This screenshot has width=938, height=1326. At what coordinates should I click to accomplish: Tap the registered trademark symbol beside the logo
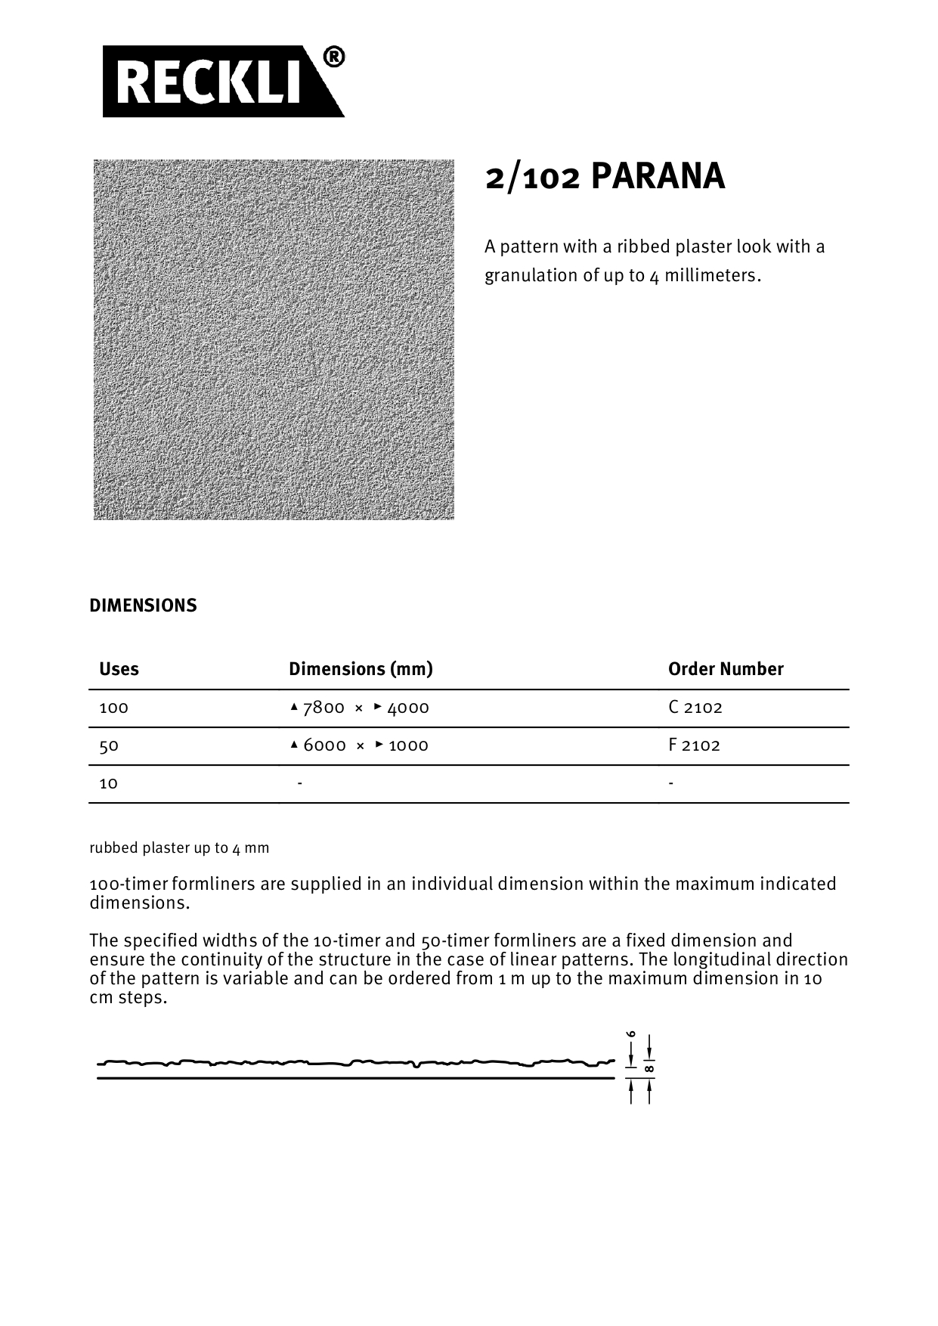[333, 57]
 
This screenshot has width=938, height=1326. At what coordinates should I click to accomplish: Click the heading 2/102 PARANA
[605, 177]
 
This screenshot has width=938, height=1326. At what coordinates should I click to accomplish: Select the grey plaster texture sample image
[274, 339]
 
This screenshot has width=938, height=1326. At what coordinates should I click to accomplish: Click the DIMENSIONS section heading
[143, 606]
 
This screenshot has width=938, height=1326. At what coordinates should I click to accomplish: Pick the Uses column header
[119, 669]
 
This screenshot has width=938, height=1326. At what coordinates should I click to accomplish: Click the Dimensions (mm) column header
[361, 669]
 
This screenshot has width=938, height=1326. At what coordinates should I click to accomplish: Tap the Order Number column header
[726, 669]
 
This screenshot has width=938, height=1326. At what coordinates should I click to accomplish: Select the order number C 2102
[695, 708]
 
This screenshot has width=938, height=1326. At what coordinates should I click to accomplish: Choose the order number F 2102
[694, 745]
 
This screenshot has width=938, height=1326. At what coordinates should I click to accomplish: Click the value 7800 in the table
[324, 708]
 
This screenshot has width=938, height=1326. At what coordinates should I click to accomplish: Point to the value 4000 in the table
[408, 708]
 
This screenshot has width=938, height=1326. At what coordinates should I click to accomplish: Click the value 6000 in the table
[324, 745]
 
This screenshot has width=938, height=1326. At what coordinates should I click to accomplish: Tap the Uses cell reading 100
[113, 708]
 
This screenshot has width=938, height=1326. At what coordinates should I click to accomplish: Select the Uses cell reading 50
[109, 745]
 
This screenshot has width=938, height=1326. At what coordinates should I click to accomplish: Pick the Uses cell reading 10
[109, 783]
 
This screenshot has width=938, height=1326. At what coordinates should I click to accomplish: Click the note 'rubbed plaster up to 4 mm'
[179, 847]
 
